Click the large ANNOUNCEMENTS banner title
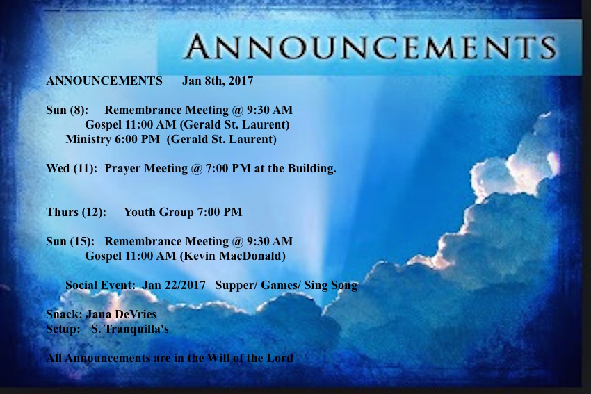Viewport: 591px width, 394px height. (x=371, y=47)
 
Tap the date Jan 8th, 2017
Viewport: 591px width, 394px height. (x=218, y=81)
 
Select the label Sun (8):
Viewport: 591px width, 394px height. (x=67, y=110)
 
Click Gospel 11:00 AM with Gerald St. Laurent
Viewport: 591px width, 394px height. (x=187, y=124)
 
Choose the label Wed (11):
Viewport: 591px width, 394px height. (x=72, y=168)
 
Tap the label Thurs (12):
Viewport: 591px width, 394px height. (x=76, y=212)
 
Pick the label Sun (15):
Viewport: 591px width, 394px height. (x=70, y=241)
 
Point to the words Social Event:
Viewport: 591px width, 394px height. (x=100, y=285)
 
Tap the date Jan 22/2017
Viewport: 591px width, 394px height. (x=174, y=285)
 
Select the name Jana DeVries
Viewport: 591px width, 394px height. (x=121, y=314)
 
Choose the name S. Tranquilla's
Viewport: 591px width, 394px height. (x=130, y=329)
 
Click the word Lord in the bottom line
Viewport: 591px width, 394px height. (x=280, y=358)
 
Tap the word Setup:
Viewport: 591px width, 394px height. (x=63, y=329)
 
